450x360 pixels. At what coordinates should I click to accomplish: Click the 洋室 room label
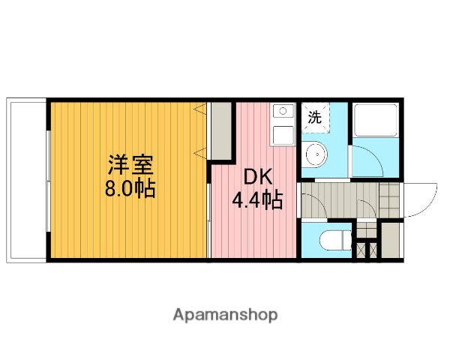(x=130, y=163)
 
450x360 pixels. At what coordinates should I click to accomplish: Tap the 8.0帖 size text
(x=130, y=187)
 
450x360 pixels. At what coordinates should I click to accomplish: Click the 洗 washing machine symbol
(x=316, y=117)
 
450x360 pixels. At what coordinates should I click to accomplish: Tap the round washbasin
(x=316, y=155)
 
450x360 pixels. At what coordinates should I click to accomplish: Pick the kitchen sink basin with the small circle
(x=283, y=113)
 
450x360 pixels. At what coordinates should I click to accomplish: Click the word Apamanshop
(x=225, y=315)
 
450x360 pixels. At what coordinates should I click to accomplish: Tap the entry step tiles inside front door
(x=388, y=200)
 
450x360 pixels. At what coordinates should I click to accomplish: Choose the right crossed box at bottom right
(x=373, y=249)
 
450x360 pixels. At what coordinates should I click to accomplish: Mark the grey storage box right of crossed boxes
(x=389, y=240)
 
